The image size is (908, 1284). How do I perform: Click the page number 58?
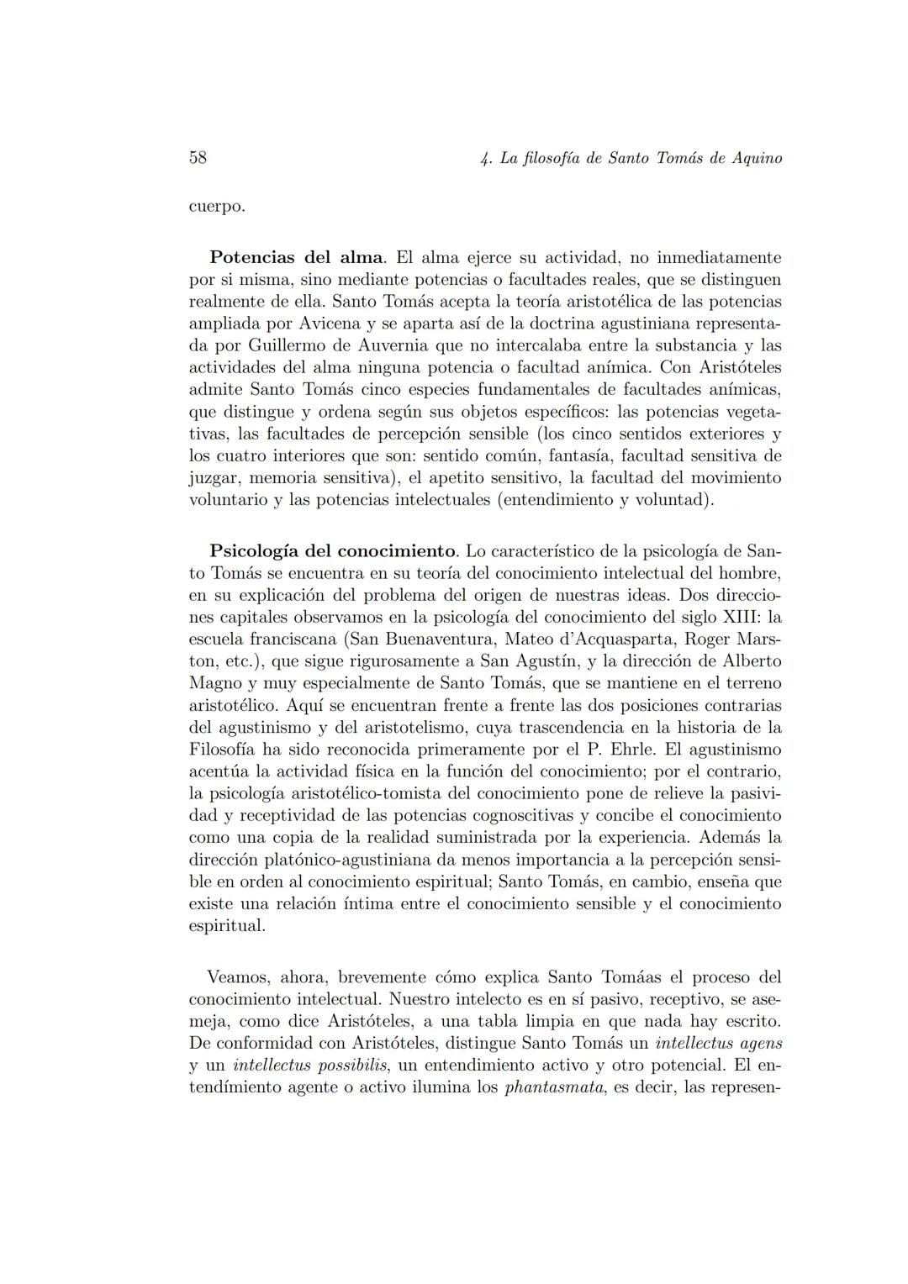tap(198, 158)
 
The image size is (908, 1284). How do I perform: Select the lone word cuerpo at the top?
tap(217, 207)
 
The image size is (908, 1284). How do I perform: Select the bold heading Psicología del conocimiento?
tap(333, 552)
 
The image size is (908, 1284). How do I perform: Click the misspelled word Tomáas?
tap(632, 978)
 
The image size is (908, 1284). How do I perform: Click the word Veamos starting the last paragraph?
tap(238, 978)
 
